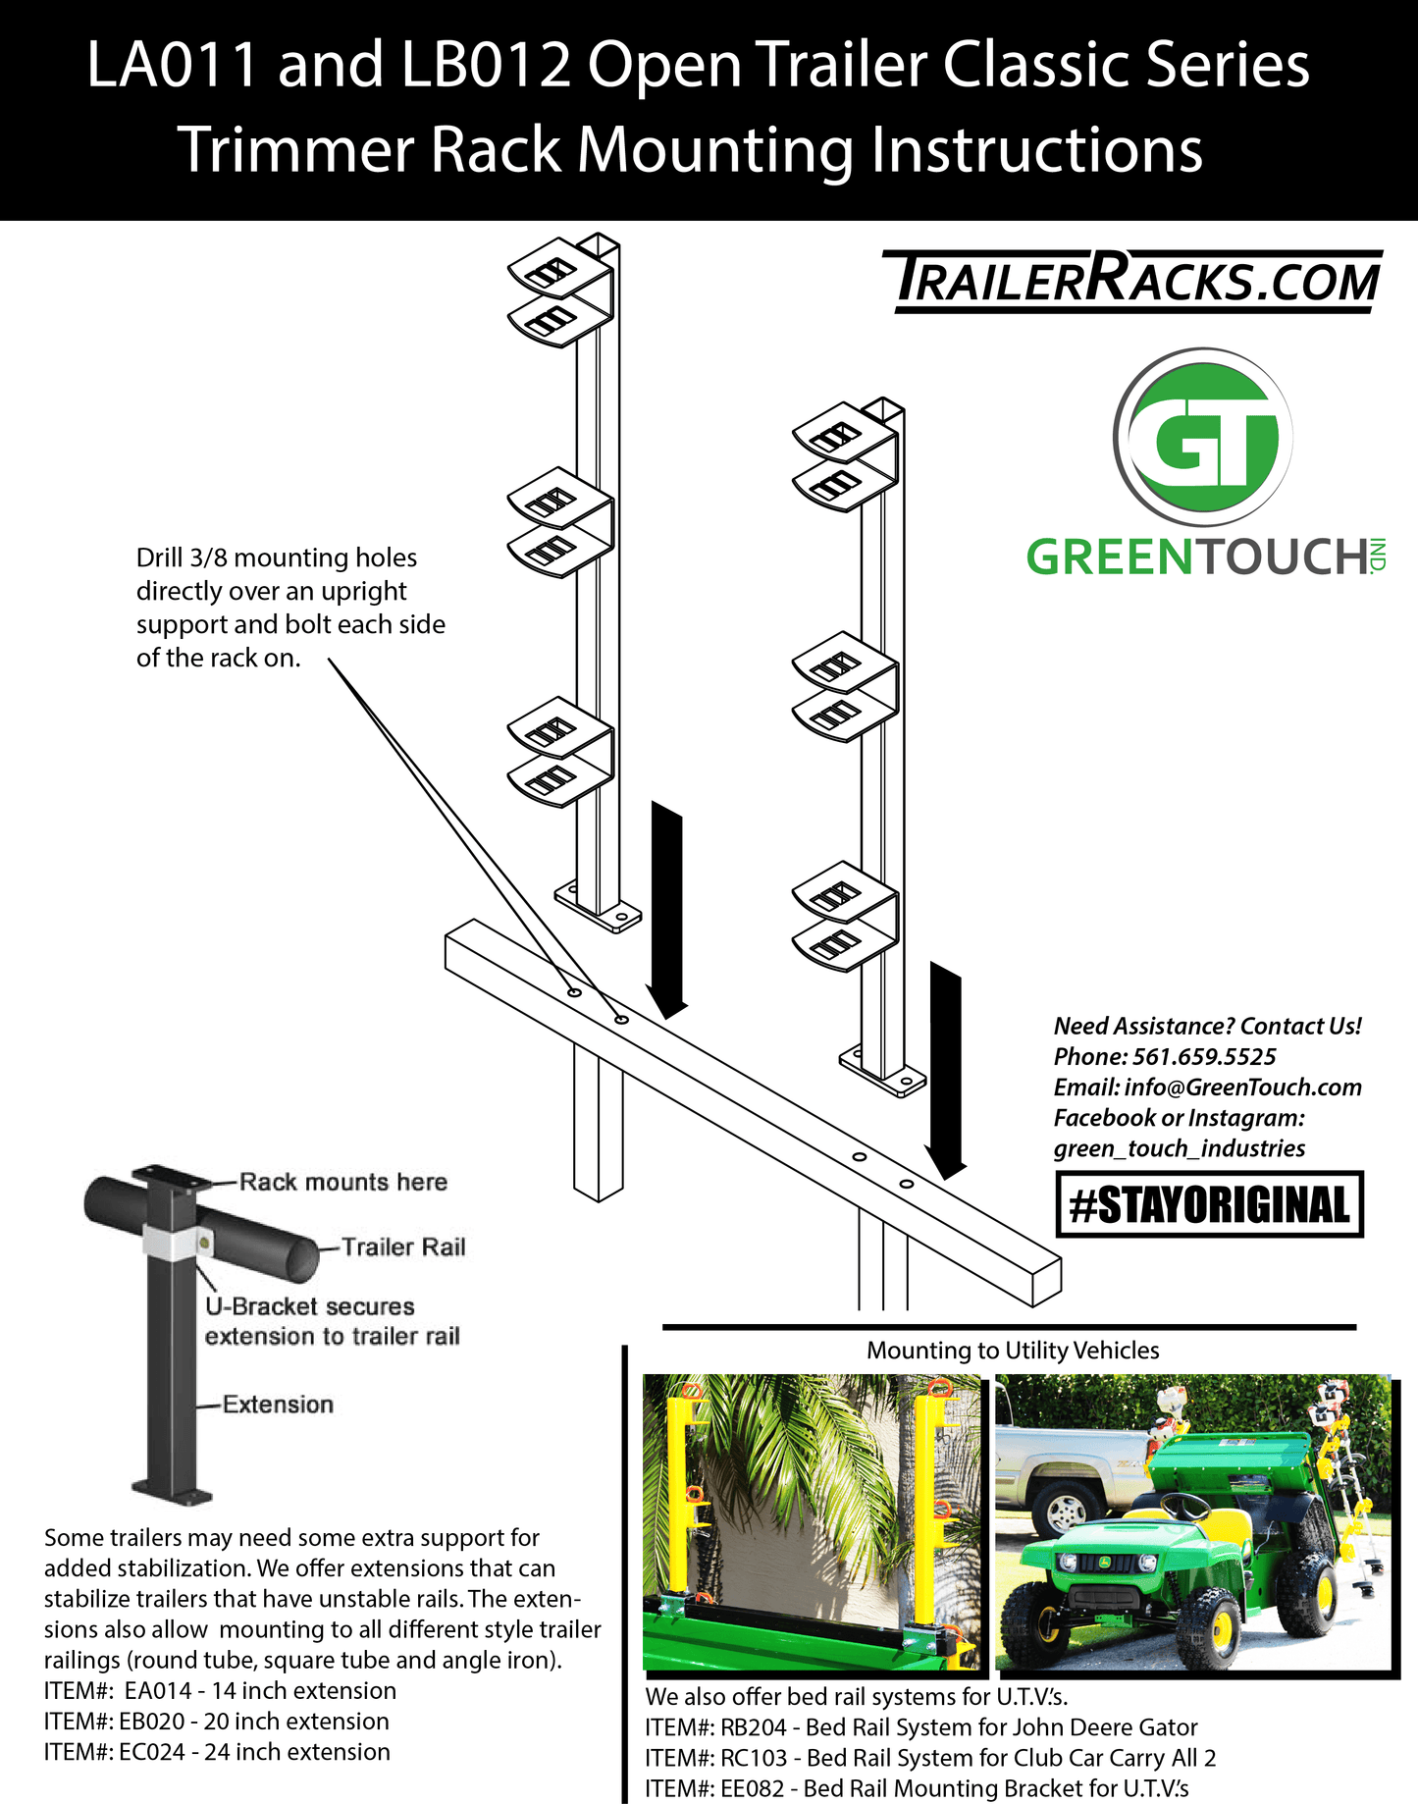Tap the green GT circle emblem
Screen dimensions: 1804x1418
(1203, 438)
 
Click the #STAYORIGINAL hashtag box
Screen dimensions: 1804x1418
(1209, 1204)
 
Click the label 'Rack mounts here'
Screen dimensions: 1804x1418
(342, 1182)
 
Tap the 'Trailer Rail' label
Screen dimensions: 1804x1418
(403, 1247)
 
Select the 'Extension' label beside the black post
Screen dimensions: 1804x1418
(278, 1405)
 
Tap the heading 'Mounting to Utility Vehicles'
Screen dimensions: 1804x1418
(1012, 1351)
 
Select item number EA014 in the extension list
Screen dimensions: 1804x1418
(158, 1691)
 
